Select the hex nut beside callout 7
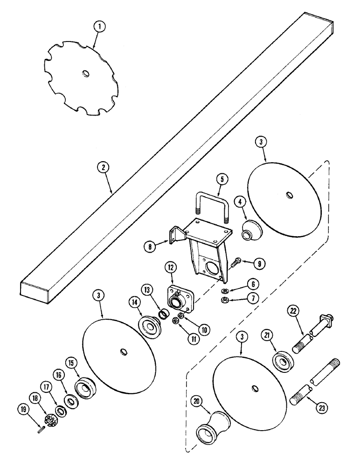224,299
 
